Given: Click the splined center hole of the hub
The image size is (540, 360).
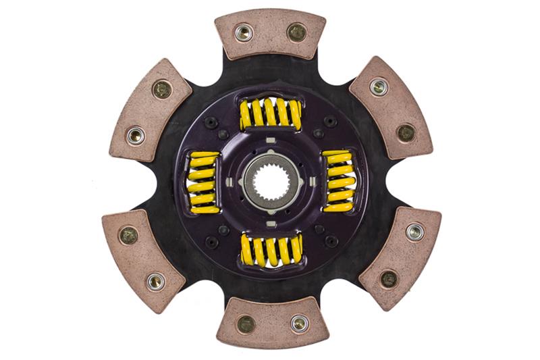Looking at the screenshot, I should tap(270, 182).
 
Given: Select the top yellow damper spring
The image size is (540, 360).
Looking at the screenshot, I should tap(270, 113).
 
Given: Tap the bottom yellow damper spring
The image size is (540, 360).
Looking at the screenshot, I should tap(271, 251).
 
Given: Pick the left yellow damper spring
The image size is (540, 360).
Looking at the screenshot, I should tap(203, 182).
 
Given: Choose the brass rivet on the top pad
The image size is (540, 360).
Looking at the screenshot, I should tap(296, 32).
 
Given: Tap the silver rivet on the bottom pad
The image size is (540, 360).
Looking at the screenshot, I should tap(298, 324).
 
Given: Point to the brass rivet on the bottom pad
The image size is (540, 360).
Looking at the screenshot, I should tap(246, 324).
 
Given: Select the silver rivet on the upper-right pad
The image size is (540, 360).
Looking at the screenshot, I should tap(379, 86).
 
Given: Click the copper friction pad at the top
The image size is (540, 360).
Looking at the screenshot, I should tap(270, 34).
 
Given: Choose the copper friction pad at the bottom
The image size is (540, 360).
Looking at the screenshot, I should tap(271, 323).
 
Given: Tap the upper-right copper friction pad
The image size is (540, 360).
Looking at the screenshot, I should tap(391, 108).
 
